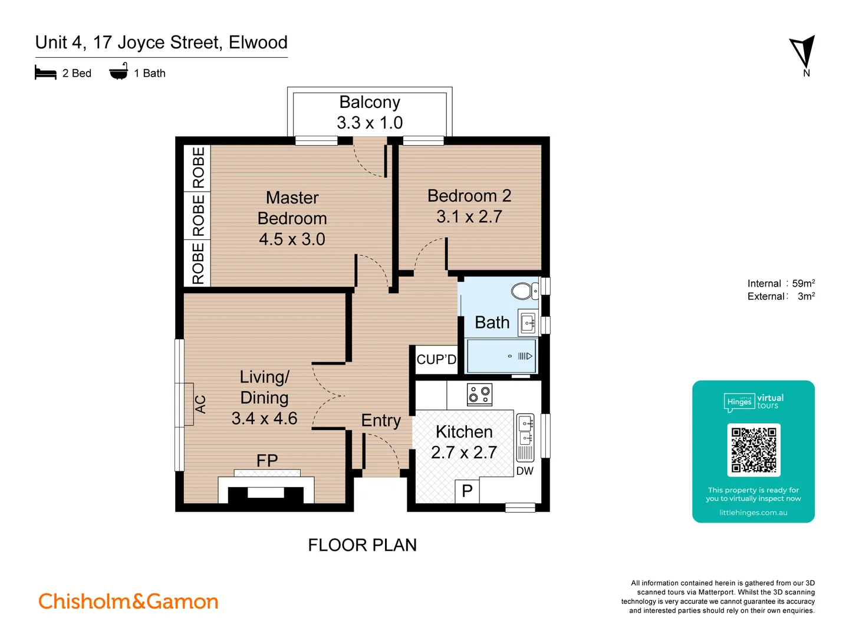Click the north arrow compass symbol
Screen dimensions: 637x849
tap(803, 52)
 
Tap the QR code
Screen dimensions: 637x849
tap(753, 450)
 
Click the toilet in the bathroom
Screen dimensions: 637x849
tap(523, 291)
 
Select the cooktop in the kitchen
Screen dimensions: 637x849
tap(479, 395)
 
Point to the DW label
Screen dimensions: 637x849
tap(525, 471)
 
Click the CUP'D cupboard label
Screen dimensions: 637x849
tap(436, 360)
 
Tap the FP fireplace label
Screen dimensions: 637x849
tap(267, 460)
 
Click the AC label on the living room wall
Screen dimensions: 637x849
tap(200, 404)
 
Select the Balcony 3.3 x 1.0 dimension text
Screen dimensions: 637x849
tap(370, 123)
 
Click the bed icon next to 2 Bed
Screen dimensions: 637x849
tap(45, 73)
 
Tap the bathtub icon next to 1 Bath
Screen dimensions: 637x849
tap(119, 72)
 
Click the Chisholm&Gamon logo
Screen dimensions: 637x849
tap(129, 601)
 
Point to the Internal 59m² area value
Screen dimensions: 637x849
tap(803, 284)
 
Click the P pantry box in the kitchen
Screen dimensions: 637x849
tap(467, 491)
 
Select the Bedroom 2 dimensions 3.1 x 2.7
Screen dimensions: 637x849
tap(469, 216)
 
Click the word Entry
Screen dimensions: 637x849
tap(381, 421)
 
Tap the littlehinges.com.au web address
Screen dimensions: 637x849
tap(753, 513)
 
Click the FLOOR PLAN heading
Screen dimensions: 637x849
tap(362, 545)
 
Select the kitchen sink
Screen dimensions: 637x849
tap(525, 430)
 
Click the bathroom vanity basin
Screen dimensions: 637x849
tap(528, 323)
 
